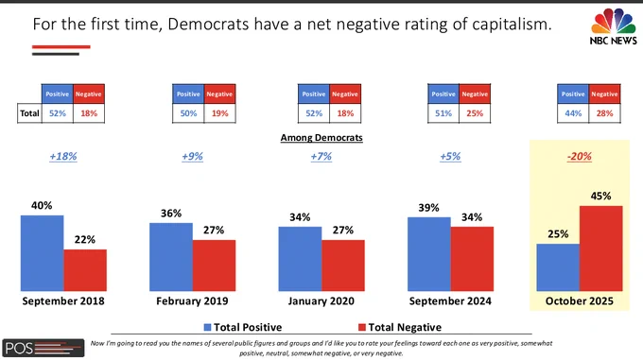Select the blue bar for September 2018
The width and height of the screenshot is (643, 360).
[x=43, y=253]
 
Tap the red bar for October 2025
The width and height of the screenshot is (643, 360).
[x=600, y=249]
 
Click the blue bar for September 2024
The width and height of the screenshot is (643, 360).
[x=429, y=254]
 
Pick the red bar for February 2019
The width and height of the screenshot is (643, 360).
[x=214, y=266]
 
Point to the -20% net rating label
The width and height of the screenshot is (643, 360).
[x=580, y=157]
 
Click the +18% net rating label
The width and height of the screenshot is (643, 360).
[x=63, y=157]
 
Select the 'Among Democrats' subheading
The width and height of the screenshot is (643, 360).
[x=321, y=138]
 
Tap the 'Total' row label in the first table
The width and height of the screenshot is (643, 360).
[x=29, y=113]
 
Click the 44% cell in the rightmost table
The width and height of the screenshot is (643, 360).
[x=573, y=113]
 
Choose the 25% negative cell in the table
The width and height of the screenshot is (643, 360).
[x=475, y=113]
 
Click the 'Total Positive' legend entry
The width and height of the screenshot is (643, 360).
[x=243, y=327]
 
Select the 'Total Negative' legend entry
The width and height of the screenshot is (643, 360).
[x=400, y=327]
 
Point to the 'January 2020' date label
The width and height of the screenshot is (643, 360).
[x=321, y=301]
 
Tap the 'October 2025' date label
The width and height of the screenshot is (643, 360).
[x=580, y=301]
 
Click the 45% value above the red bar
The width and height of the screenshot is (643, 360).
[x=600, y=196]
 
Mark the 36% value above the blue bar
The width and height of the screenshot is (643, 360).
[x=171, y=214]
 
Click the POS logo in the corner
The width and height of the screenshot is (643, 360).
[x=43, y=348]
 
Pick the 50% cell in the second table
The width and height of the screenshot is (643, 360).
[x=188, y=113]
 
